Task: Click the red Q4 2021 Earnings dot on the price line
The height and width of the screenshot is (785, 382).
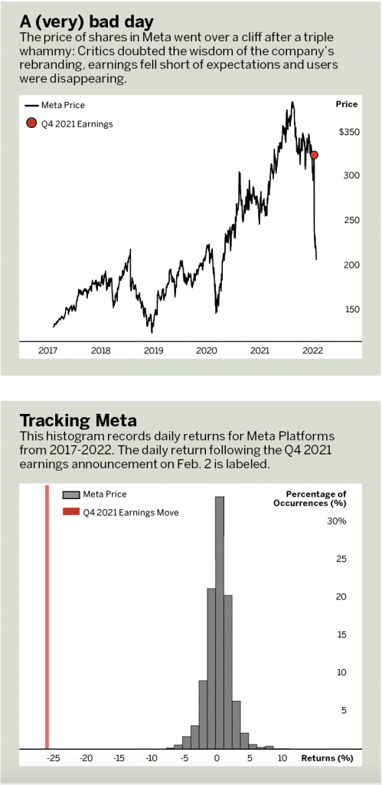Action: (314, 155)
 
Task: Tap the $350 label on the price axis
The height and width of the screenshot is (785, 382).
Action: (346, 132)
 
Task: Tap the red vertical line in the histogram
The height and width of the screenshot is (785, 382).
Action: (47, 616)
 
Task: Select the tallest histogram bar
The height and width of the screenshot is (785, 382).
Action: (220, 622)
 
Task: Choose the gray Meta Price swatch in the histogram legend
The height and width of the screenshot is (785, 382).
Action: (71, 494)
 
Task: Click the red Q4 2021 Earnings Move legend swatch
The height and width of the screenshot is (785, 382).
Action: (71, 512)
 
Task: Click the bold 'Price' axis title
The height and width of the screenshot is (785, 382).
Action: (347, 104)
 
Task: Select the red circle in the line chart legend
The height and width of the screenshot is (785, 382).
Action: (31, 123)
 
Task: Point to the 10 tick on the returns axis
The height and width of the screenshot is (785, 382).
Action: (282, 758)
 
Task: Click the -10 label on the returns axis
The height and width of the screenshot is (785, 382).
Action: (151, 758)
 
